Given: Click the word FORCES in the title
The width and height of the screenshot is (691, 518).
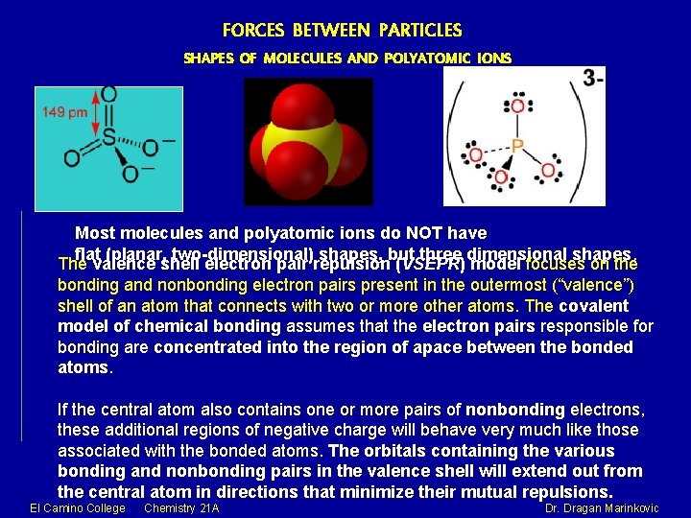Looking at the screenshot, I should (251, 31).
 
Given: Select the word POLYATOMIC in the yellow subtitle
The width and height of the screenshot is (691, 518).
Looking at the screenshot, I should (423, 58).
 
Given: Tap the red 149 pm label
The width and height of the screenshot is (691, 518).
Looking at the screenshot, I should (65, 112).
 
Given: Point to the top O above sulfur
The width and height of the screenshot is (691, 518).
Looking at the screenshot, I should (108, 95).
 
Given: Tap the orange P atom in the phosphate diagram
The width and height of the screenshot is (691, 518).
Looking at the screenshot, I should (518, 146).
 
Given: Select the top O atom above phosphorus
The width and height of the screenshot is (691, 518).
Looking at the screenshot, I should (518, 106).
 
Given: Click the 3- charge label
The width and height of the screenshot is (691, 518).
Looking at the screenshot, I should (593, 78).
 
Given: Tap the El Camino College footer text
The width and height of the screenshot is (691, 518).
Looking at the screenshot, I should (78, 507).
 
